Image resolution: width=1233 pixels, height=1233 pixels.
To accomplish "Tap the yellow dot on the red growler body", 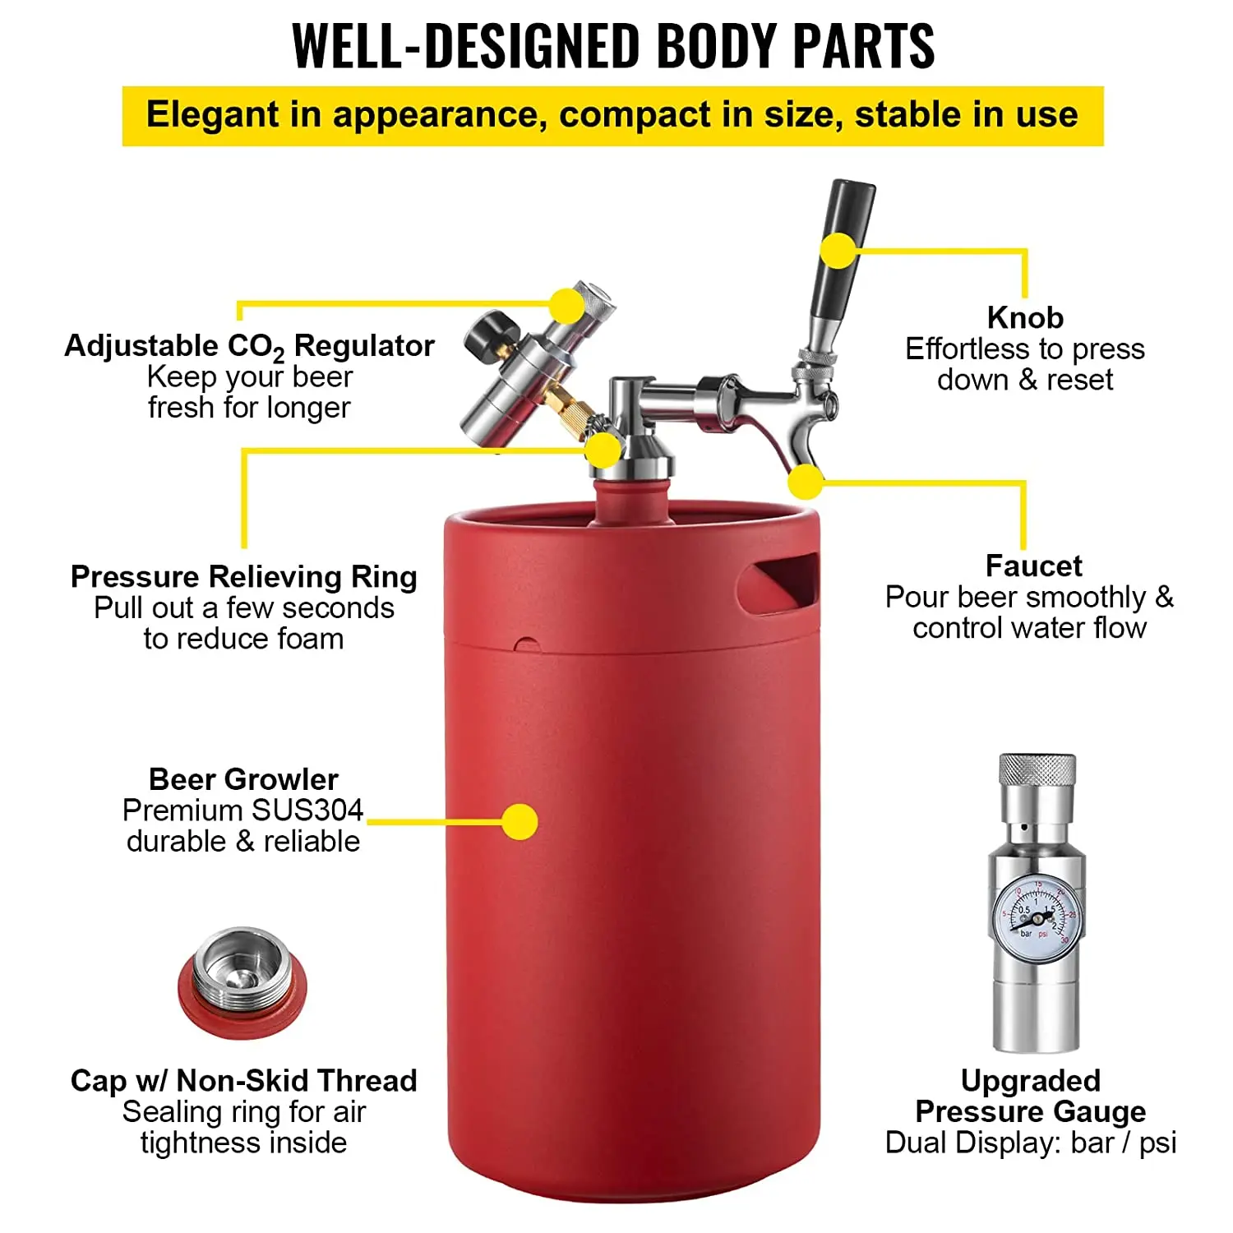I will click(x=520, y=821).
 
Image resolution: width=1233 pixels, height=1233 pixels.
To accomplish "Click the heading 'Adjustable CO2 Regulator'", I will click(x=249, y=346).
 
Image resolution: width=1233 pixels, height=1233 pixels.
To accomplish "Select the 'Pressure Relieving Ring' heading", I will click(x=243, y=577).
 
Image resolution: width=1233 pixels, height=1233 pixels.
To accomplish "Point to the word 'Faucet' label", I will click(x=1033, y=566).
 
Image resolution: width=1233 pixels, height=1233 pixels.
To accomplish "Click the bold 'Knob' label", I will click(x=1025, y=317).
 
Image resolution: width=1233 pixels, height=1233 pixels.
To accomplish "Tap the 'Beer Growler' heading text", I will click(x=243, y=779).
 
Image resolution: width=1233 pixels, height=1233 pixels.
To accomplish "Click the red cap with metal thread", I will click(x=242, y=982).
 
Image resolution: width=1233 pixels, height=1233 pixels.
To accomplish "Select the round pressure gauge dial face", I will click(x=1037, y=918).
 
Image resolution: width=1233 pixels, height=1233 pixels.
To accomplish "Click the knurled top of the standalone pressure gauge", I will click(x=1037, y=770).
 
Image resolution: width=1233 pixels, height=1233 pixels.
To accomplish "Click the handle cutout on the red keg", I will click(x=779, y=580).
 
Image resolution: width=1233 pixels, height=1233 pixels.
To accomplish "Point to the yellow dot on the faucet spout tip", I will click(x=806, y=482).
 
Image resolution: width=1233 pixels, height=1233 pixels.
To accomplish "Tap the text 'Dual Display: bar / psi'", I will click(x=1031, y=1143).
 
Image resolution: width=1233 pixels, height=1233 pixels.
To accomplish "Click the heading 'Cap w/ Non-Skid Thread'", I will click(x=243, y=1080).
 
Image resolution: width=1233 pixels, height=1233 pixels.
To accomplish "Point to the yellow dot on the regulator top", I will click(x=566, y=305).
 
